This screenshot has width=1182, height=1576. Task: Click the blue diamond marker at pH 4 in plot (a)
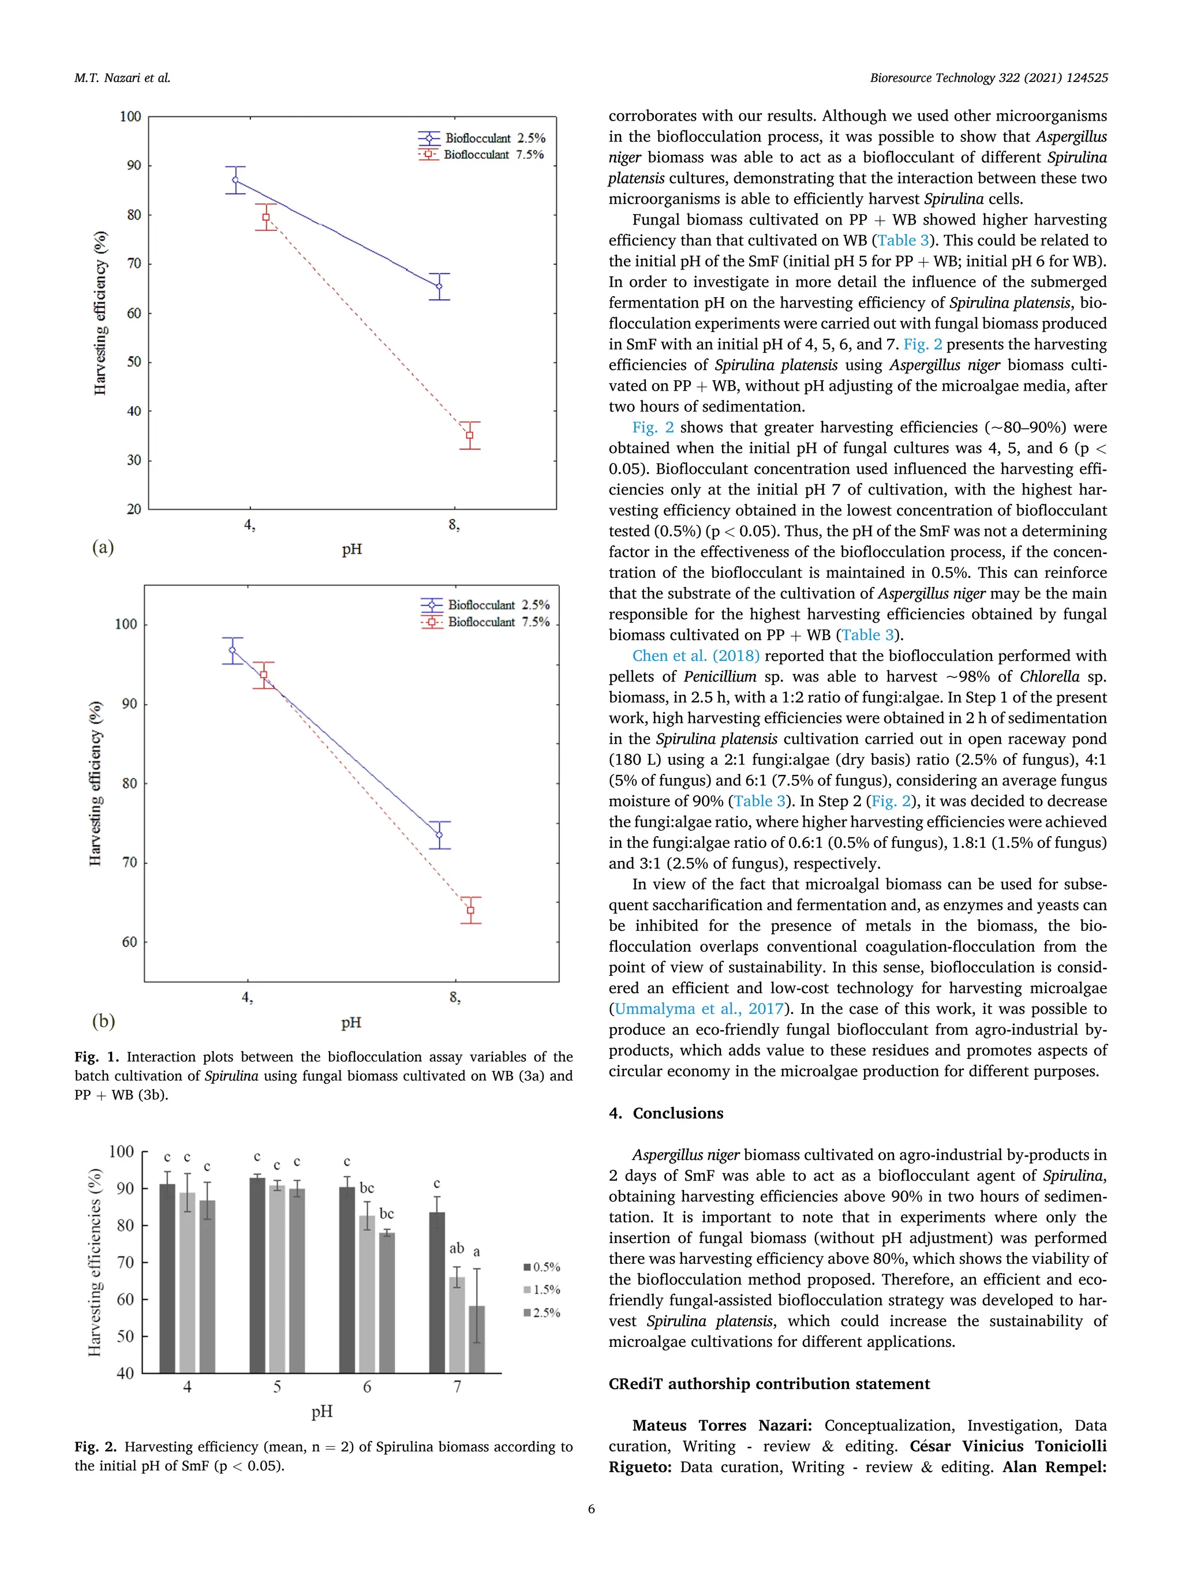235,180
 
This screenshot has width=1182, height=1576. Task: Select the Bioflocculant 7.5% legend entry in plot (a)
482,155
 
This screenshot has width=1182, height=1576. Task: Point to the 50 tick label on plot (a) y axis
133,362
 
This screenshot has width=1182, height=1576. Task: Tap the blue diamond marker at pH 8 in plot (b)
440,834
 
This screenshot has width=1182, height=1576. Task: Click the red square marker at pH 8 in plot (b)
470,910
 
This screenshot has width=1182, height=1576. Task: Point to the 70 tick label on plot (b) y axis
129,863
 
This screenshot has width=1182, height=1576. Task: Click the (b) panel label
103,1021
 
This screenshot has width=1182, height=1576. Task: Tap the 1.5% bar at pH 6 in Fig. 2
367,1293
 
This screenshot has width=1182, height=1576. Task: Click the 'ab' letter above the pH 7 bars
457,1248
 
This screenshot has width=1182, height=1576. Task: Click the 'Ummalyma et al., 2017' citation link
699,1009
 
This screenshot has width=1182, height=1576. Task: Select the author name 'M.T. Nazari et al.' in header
122,78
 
